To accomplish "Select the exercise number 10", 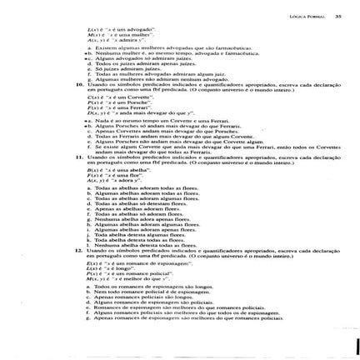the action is [x=78, y=84].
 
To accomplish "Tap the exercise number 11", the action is [x=78, y=156].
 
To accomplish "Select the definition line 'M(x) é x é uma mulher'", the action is [x=112, y=34].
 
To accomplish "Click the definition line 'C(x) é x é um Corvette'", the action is [x=113, y=97].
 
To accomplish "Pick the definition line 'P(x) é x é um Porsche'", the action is [x=112, y=102].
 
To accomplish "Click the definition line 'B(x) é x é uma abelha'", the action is [x=112, y=169].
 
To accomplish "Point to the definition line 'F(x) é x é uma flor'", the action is [x=109, y=174].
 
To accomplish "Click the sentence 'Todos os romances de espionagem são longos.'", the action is [x=149, y=285].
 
